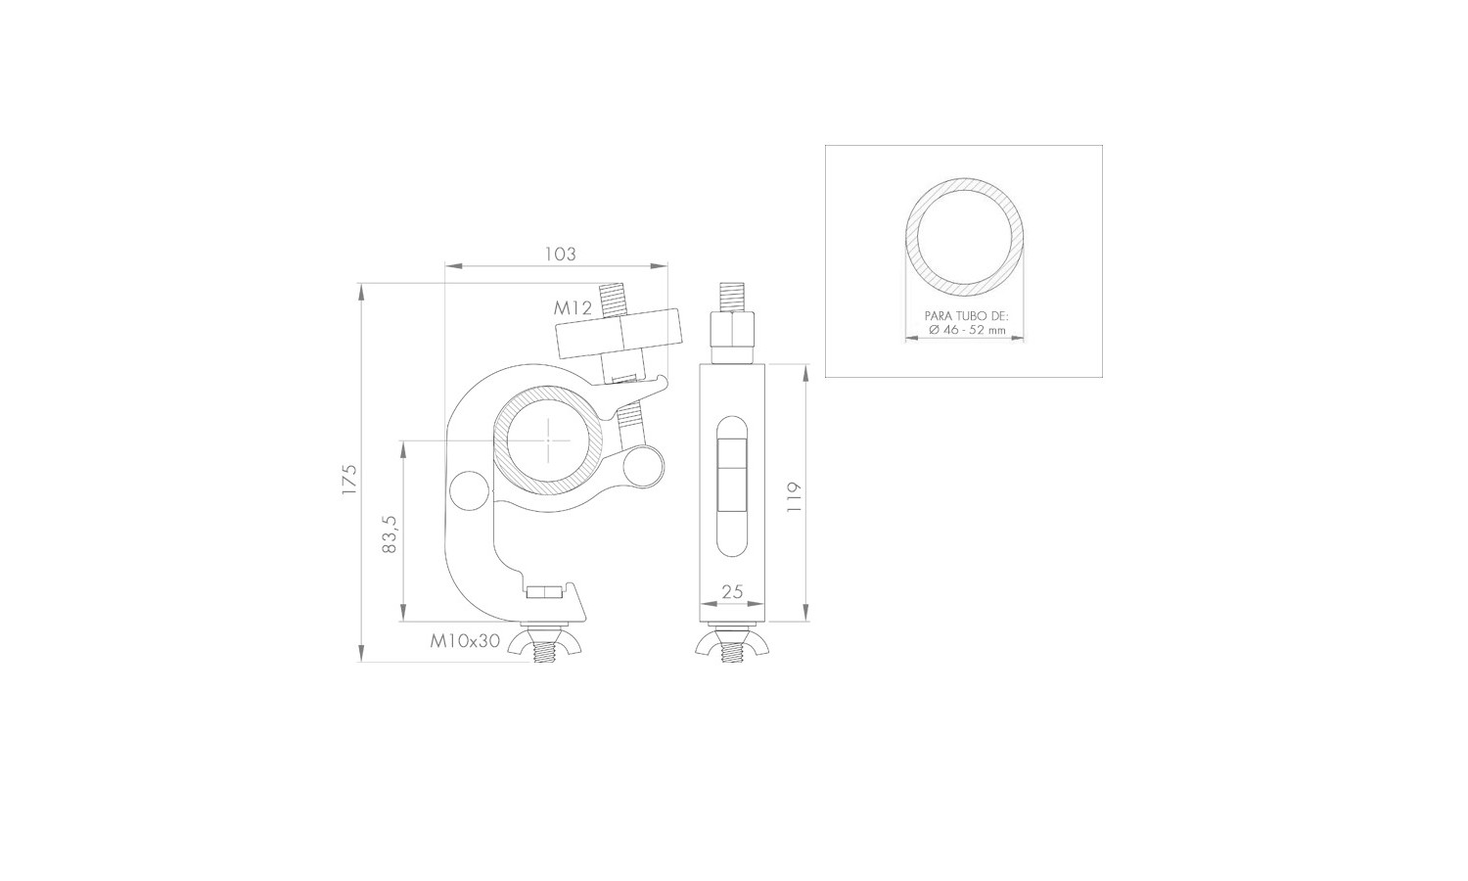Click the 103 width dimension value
click(x=561, y=255)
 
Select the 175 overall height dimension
click(x=350, y=480)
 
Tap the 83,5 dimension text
click(x=390, y=534)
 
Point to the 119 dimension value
click(x=794, y=497)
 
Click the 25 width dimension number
click(x=732, y=592)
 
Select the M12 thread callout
click(x=573, y=307)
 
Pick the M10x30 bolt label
click(x=465, y=641)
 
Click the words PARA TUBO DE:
click(x=967, y=316)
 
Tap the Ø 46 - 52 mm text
click(x=967, y=330)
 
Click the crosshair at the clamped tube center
click(x=549, y=440)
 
